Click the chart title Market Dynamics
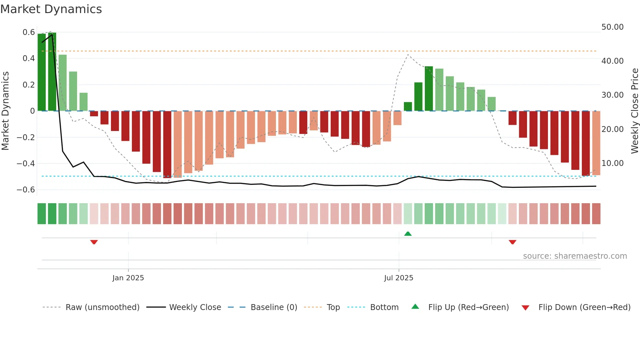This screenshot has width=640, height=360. [x=51, y=9]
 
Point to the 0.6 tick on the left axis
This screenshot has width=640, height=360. [x=29, y=32]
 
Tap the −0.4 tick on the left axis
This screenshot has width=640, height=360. [x=26, y=163]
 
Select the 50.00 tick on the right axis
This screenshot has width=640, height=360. [x=612, y=27]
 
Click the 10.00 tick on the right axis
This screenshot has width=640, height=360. [x=612, y=163]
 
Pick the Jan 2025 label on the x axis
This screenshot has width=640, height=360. [x=128, y=278]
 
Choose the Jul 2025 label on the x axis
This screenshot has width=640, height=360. [x=398, y=278]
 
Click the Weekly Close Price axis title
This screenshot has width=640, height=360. [x=634, y=111]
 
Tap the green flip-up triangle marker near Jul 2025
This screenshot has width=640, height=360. [x=408, y=234]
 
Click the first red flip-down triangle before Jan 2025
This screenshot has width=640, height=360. [x=94, y=242]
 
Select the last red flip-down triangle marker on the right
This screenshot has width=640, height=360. [x=512, y=242]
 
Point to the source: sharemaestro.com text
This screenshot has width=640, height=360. [x=575, y=256]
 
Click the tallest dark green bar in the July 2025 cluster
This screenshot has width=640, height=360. [x=429, y=89]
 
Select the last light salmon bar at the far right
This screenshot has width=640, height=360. [x=596, y=143]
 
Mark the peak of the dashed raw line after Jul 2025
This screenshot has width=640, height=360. [x=408, y=55]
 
